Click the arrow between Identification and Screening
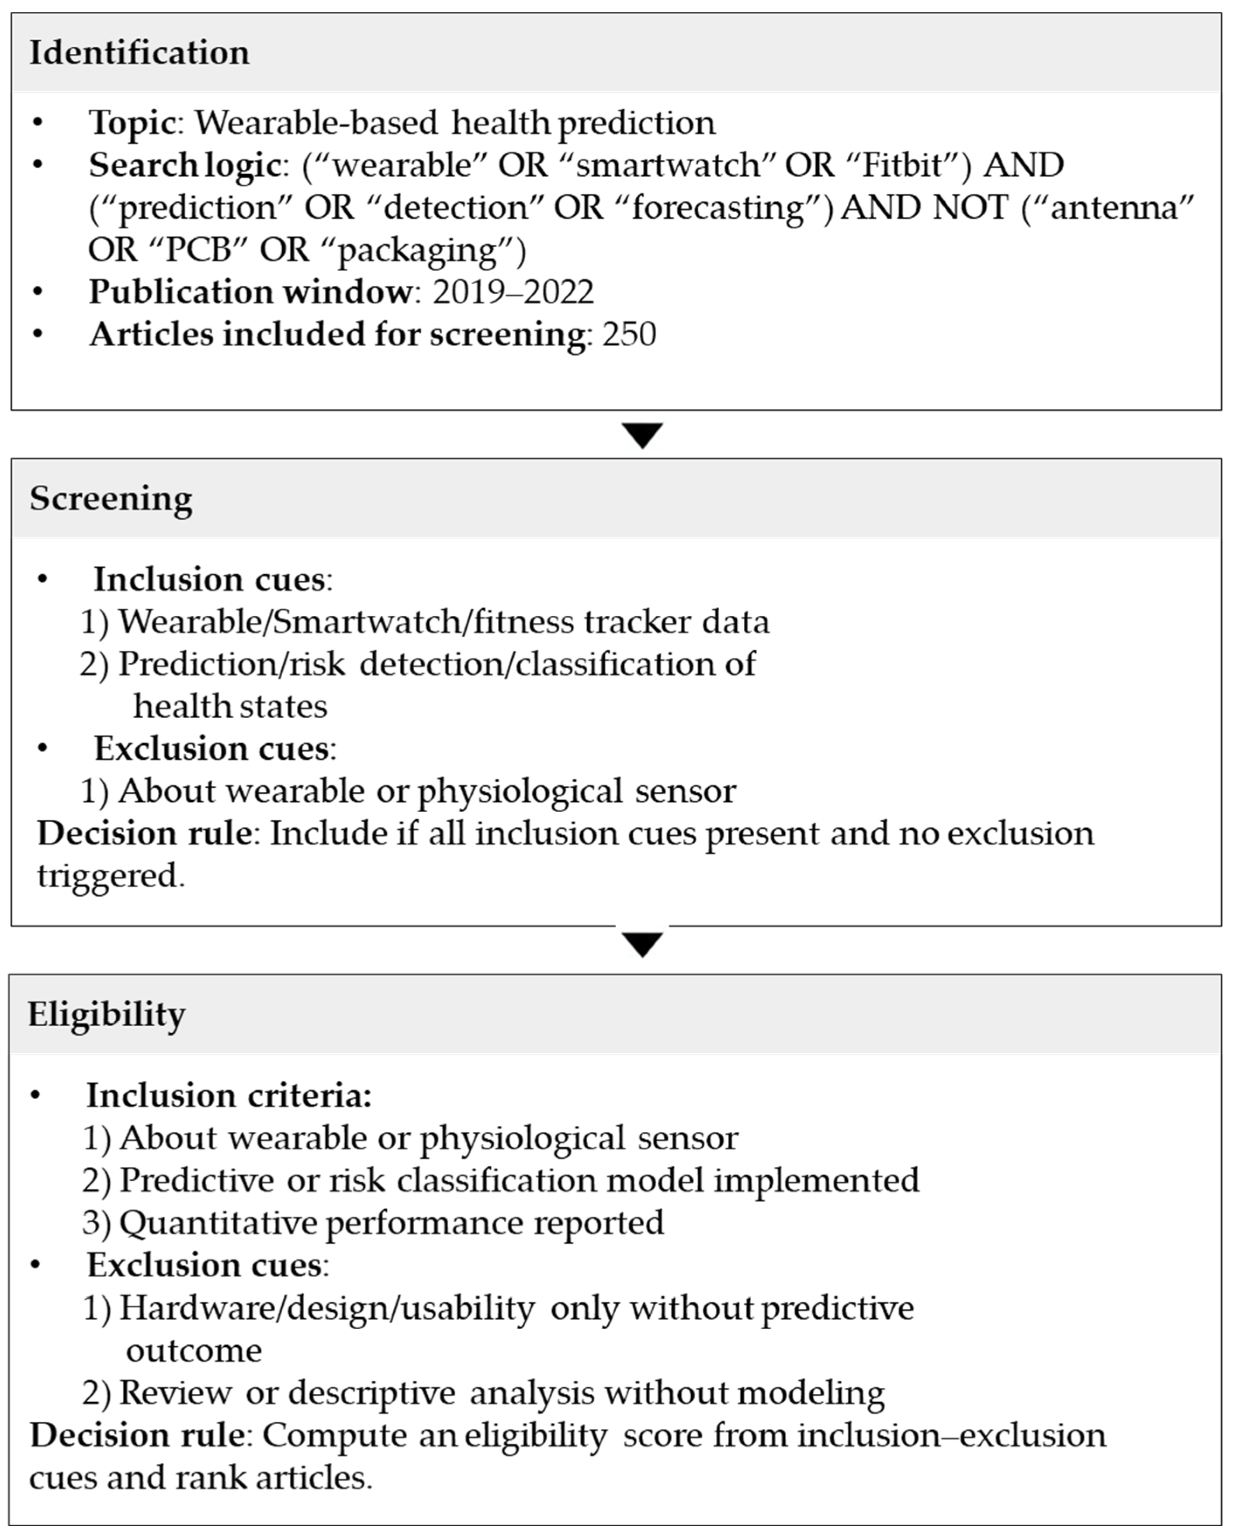[642, 435]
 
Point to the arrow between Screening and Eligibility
[642, 945]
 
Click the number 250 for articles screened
[629, 334]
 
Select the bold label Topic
[132, 123]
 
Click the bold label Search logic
[184, 166]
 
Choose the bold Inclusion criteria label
[229, 1096]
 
